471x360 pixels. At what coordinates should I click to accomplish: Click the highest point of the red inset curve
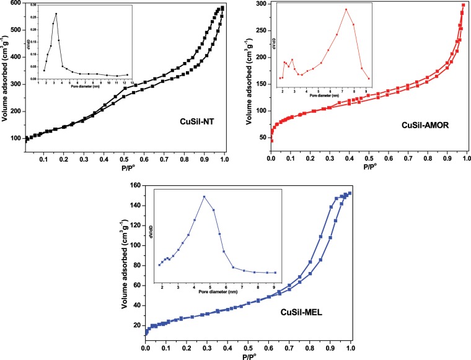pyautogui.click(x=346, y=9)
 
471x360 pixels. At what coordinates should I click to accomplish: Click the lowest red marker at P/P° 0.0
pyautogui.click(x=271, y=141)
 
